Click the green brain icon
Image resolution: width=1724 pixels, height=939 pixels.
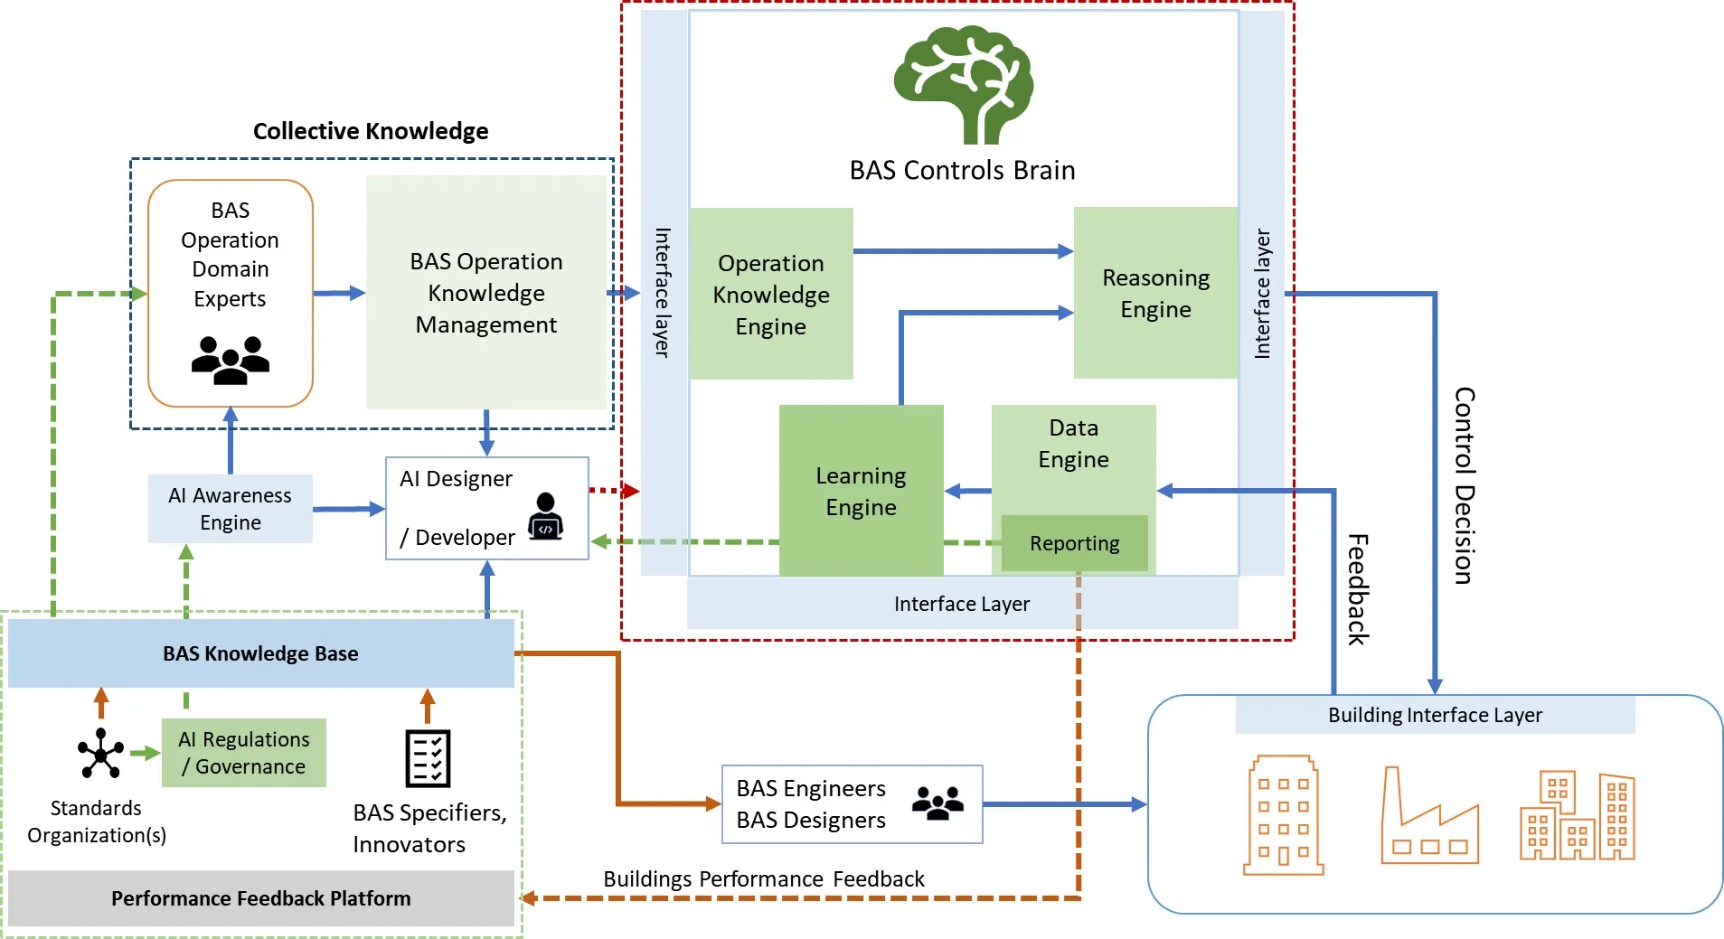(963, 84)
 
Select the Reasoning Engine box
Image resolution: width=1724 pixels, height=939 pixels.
(1154, 293)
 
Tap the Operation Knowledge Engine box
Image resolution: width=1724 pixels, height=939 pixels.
(770, 295)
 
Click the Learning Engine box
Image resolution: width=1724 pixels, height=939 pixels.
(860, 491)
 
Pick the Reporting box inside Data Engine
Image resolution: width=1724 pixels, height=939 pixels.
(1074, 543)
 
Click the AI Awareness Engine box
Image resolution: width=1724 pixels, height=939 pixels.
(230, 509)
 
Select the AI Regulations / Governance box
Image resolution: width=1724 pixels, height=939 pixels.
(243, 753)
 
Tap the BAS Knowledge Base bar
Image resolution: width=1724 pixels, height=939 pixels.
(260, 653)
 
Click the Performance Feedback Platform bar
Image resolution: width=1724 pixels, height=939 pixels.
(260, 898)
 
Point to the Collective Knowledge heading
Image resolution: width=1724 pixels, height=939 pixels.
(370, 131)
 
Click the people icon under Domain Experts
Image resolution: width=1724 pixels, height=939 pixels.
(230, 360)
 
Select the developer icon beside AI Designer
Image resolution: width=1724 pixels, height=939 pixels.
(545, 516)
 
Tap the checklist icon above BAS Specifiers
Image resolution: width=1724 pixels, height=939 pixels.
(428, 758)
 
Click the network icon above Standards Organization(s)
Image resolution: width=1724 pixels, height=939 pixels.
(100, 753)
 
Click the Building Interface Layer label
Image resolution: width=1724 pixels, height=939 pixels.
(1434, 715)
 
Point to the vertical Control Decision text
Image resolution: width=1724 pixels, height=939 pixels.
(1464, 485)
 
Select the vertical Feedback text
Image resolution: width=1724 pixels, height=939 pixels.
(1357, 589)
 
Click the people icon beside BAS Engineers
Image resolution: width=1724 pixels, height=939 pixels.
(937, 803)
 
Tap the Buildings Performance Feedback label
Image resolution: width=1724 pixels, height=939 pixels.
(763, 878)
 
